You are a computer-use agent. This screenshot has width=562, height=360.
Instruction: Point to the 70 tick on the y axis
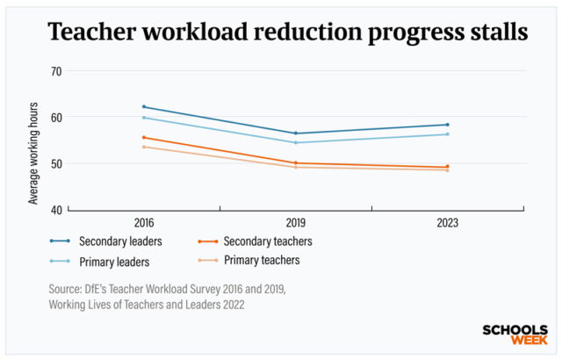pos(55,71)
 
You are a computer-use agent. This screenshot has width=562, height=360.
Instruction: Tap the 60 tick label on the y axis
pos(55,118)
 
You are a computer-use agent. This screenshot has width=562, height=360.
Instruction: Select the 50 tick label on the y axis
pos(55,164)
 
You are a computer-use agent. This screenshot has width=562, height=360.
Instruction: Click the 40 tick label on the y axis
pos(55,211)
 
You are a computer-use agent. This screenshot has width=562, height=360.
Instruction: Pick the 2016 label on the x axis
pos(143,224)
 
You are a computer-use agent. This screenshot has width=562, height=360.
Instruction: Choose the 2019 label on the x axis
pos(295,224)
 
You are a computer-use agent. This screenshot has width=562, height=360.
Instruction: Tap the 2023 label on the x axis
pos(447,224)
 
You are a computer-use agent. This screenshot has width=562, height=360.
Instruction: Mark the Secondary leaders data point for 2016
pos(143,107)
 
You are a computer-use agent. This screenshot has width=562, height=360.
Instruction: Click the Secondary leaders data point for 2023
pos(447,125)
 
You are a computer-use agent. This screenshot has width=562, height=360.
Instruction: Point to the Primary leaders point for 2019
pos(295,142)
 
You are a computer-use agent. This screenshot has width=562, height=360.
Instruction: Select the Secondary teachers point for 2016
pos(143,137)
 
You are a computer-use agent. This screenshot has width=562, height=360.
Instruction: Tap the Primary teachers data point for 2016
pos(143,147)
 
